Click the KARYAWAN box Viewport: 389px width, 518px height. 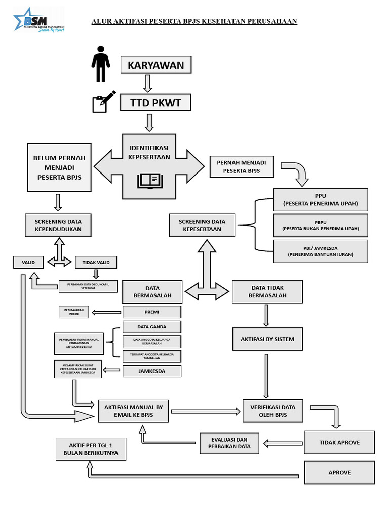pos(155,65)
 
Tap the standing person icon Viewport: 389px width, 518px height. pos(101,64)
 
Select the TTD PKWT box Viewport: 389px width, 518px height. pos(155,103)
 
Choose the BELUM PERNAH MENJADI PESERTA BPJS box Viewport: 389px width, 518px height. pos(59,167)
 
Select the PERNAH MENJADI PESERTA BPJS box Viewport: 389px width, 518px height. pos(241,167)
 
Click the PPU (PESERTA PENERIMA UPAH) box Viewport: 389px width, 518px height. pos(320,199)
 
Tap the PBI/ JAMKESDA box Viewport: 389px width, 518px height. pos(320,251)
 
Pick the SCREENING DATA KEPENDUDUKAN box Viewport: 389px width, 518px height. pos(58,225)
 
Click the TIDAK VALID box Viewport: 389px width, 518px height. pos(96,262)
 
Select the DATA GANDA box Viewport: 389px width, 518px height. pos(151,327)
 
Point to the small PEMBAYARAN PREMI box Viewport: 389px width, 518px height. pos(74,312)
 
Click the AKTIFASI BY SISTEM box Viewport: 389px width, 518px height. pos(267,340)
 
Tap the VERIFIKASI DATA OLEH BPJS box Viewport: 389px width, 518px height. pos(273,411)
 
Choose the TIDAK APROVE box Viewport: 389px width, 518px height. pos(339,442)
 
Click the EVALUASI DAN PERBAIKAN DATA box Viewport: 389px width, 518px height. pos(230,444)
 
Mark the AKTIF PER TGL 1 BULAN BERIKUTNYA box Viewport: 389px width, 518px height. pos(91,449)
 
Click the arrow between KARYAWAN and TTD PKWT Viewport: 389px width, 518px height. pos(147,83)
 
